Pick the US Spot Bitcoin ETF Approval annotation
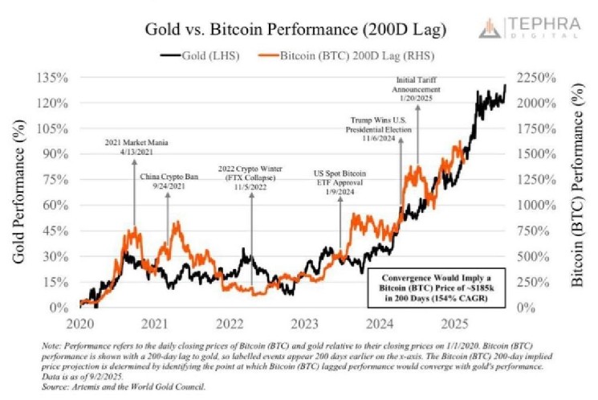(341, 182)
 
